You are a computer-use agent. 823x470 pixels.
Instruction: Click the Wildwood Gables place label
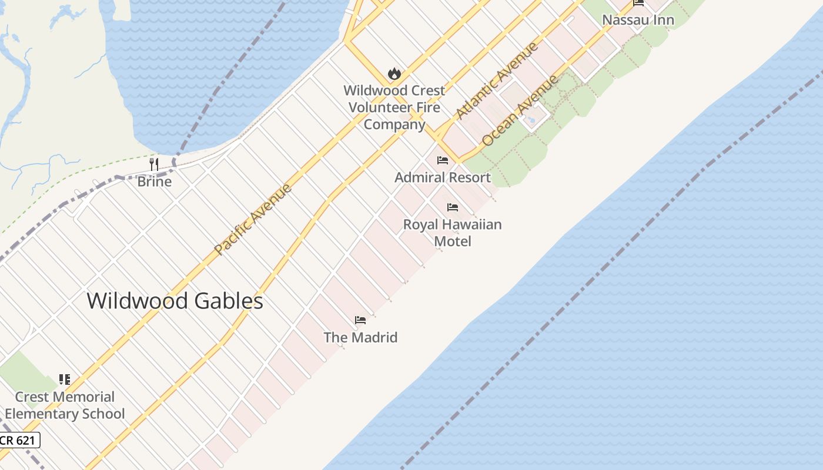click(x=175, y=301)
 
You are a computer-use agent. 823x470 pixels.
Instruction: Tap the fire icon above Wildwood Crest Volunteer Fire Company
click(x=394, y=74)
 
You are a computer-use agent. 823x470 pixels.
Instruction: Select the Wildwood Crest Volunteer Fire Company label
click(x=394, y=108)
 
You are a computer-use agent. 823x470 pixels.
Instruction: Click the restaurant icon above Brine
click(x=154, y=164)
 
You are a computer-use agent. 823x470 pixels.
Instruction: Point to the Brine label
click(x=154, y=182)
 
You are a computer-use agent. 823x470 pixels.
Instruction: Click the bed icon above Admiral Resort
click(x=443, y=160)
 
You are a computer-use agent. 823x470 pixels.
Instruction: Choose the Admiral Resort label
click(x=443, y=177)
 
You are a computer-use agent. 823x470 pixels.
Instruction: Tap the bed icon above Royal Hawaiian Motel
click(x=452, y=207)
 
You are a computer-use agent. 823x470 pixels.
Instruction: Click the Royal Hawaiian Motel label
click(x=452, y=233)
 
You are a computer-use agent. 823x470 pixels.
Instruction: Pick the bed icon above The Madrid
click(x=360, y=320)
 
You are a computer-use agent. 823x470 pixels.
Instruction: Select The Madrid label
click(x=360, y=338)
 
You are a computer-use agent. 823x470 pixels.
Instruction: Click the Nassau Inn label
click(x=638, y=21)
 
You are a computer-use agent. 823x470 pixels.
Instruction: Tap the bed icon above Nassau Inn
click(x=638, y=3)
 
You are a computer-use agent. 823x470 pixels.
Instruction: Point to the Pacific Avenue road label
click(x=253, y=219)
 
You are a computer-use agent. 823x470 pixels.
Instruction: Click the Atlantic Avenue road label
click(x=497, y=80)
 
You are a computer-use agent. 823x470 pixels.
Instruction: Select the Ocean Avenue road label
click(x=520, y=110)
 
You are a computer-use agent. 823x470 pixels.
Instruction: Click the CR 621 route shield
click(x=19, y=440)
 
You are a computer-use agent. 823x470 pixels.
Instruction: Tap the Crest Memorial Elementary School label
click(x=65, y=405)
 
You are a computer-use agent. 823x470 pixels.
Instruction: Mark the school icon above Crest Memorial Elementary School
click(x=65, y=380)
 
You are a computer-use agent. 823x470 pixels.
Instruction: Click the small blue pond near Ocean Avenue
click(x=531, y=120)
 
